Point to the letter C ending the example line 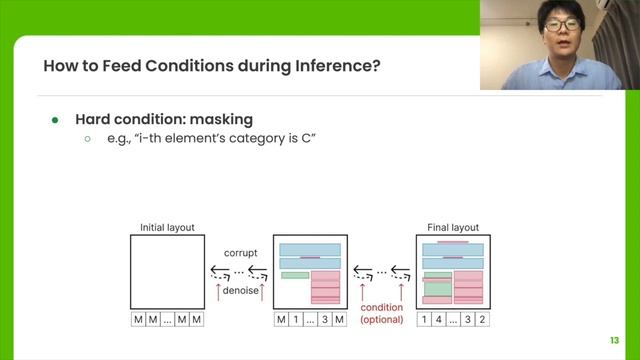311,141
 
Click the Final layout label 450,227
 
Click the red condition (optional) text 382,313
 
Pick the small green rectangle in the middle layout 295,275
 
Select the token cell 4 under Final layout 438,319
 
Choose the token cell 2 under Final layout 482,319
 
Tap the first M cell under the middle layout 281,319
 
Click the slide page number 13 615,338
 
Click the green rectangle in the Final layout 438,287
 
